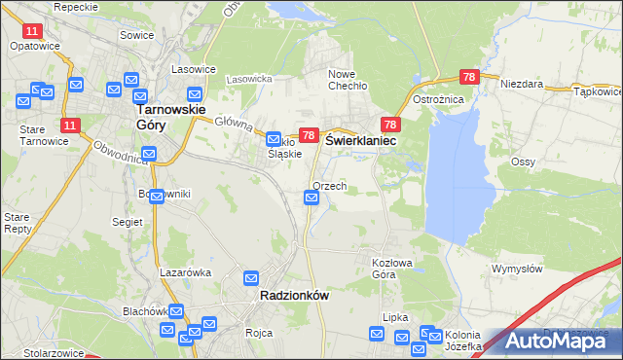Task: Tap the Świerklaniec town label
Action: pyautogui.click(x=365, y=140)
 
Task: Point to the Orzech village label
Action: pyautogui.click(x=330, y=186)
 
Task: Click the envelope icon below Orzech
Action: pyautogui.click(x=311, y=198)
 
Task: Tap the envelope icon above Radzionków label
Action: pyautogui.click(x=251, y=277)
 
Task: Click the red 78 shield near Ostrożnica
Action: pyautogui.click(x=469, y=77)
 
